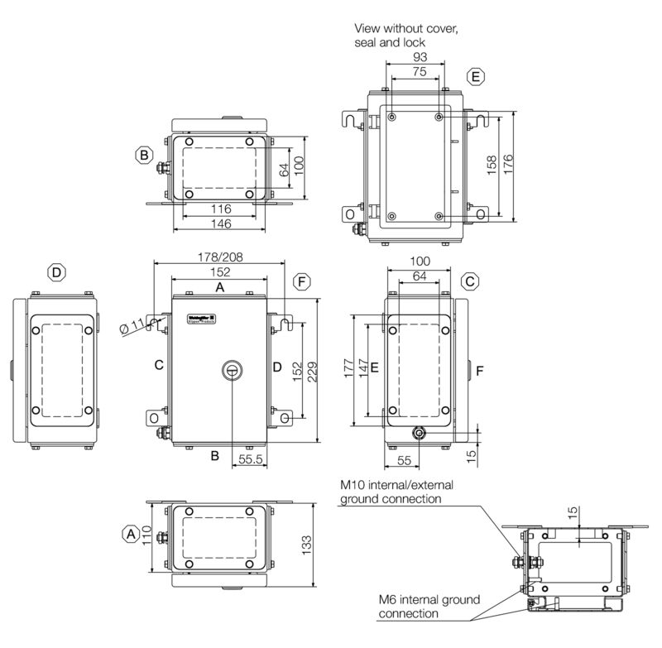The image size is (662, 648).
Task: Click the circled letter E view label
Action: click(x=474, y=78)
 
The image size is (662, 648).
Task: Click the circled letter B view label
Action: click(x=145, y=154)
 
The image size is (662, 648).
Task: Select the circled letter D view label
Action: click(x=55, y=272)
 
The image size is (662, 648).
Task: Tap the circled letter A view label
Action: click(x=131, y=535)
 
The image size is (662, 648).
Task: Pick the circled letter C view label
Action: click(x=469, y=281)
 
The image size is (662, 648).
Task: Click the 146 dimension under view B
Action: click(x=219, y=225)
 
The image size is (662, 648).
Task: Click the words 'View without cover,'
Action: click(x=405, y=29)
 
